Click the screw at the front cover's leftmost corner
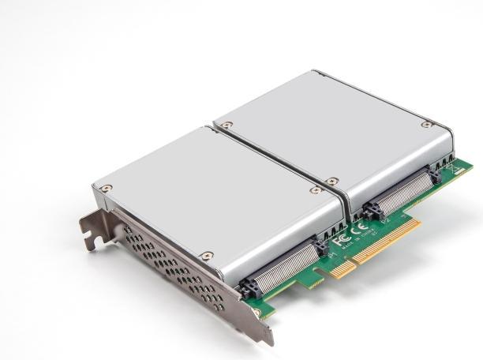106,189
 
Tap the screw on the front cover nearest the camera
207,256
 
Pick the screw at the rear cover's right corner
426,125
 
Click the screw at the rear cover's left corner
227,126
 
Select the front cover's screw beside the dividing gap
316,190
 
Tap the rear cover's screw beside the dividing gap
332,182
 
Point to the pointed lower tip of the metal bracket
269,339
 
